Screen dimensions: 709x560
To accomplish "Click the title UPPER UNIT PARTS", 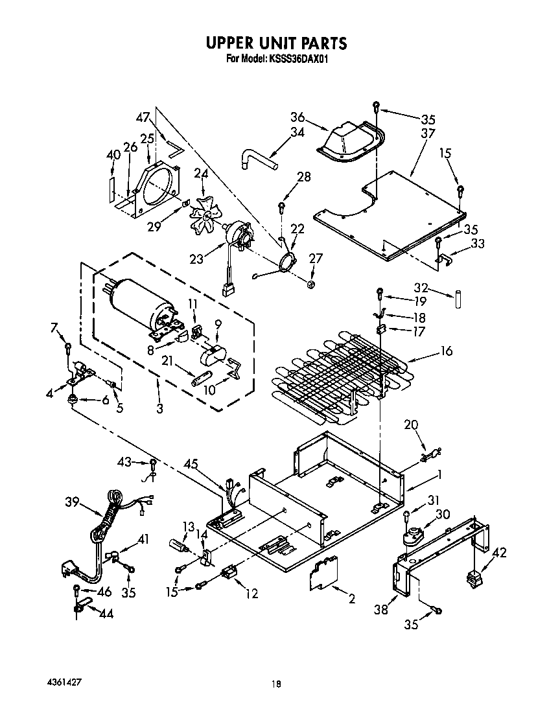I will point(277,43).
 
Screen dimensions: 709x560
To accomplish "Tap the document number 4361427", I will point(64,684).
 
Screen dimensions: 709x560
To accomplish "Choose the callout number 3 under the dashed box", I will point(159,408).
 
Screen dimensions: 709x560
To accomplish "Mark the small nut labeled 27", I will point(311,283).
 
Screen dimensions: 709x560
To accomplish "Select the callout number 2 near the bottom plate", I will point(352,599).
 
